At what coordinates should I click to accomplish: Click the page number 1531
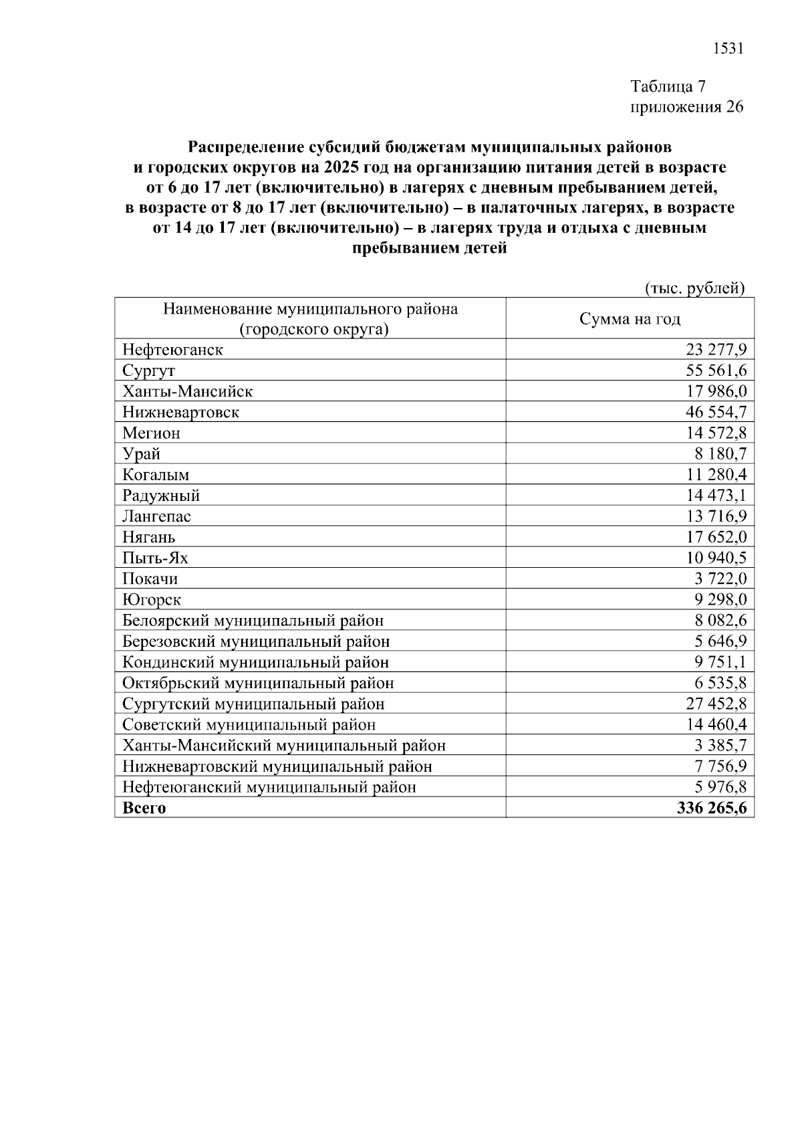coord(728,49)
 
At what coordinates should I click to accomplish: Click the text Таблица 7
coord(668,87)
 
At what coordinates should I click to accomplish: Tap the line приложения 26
coord(687,108)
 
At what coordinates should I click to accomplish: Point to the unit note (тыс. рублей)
coord(694,288)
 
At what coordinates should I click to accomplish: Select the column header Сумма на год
coord(630,319)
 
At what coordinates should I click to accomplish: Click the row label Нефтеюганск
coord(172,350)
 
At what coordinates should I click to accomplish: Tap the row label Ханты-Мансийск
coord(187,391)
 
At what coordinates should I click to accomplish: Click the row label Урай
coord(141,454)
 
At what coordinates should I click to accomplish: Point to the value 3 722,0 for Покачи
coord(721,579)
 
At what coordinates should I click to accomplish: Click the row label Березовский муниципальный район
coord(256,641)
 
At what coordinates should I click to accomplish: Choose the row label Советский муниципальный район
coord(249,724)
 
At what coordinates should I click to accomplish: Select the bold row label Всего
coord(144,808)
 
